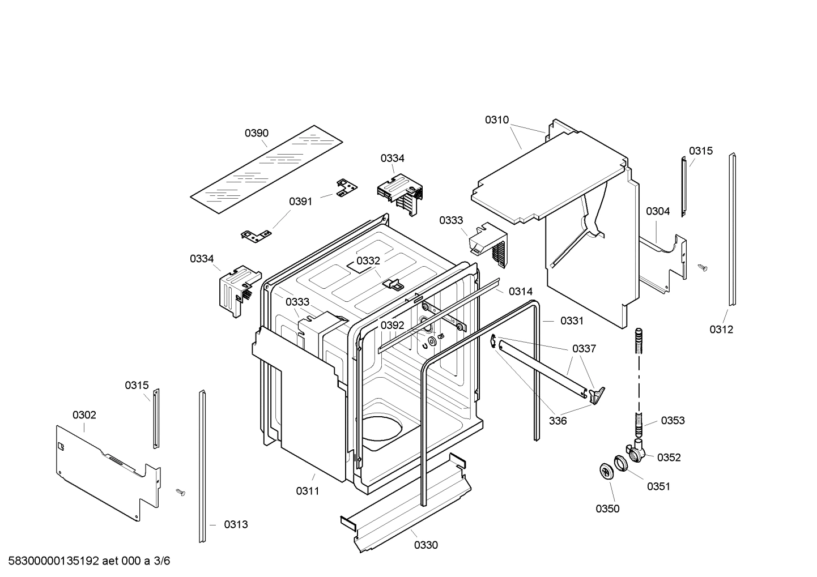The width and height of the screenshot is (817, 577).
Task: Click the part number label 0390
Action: tap(256, 133)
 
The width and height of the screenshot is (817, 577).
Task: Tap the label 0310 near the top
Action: tap(496, 120)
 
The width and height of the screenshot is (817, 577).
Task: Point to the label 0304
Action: tap(657, 211)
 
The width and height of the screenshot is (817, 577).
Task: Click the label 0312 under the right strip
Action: tap(721, 330)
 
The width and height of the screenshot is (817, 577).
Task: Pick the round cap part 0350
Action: tap(607, 471)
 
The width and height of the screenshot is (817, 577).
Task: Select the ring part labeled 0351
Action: tap(622, 463)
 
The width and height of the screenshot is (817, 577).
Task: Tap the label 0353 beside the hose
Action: tap(673, 420)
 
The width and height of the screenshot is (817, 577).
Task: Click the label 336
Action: tap(558, 421)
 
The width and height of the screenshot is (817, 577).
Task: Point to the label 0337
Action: tap(584, 349)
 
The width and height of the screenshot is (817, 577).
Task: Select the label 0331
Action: tap(571, 321)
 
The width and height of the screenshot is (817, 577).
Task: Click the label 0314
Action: tap(520, 292)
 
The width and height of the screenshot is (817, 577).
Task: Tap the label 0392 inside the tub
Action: tap(392, 325)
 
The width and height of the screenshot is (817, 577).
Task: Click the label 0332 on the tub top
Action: tap(368, 260)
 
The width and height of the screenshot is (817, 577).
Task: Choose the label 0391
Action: tap(300, 202)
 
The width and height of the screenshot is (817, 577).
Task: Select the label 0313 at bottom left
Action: tap(235, 525)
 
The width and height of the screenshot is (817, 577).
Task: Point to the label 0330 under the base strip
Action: tap(425, 545)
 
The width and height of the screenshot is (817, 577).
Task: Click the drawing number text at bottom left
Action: tap(89, 561)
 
